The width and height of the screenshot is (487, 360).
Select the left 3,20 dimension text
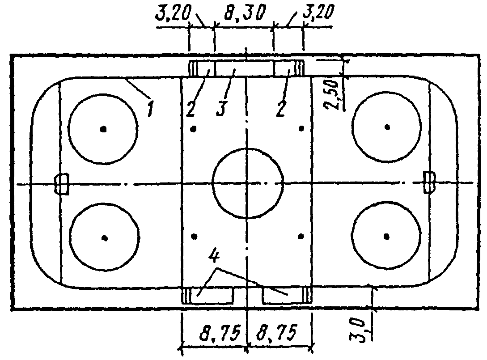tap(173, 14)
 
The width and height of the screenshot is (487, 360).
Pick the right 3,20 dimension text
tap(318, 13)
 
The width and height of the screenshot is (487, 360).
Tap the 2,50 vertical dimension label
tap(331, 95)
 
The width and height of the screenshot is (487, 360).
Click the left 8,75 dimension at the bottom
tap(220, 334)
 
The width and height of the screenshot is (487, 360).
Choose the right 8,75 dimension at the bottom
tap(276, 333)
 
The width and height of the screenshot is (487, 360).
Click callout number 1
tap(151, 109)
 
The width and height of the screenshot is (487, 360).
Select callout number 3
tap(221, 109)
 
